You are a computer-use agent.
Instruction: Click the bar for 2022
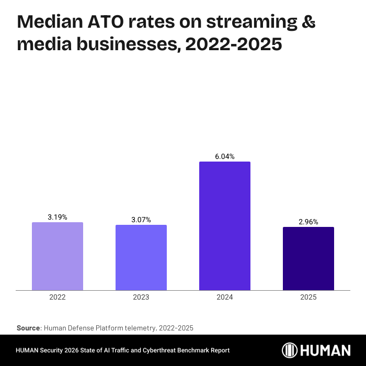point(58,256)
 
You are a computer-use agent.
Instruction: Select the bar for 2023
point(141,257)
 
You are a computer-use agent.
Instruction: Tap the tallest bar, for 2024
point(225,226)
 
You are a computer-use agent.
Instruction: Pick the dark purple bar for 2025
point(308,258)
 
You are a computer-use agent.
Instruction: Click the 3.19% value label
point(58,217)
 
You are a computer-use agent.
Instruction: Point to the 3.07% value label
point(141,220)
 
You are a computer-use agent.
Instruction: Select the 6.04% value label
point(225,156)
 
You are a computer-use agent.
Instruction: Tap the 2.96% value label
point(308,222)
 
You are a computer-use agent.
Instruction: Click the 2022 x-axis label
point(58,297)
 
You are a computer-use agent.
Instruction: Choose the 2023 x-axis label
point(141,297)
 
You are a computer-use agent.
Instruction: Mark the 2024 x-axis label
point(225,297)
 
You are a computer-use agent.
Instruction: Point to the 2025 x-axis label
point(308,297)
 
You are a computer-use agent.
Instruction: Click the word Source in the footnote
point(28,328)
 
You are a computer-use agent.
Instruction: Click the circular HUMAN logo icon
point(290,350)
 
